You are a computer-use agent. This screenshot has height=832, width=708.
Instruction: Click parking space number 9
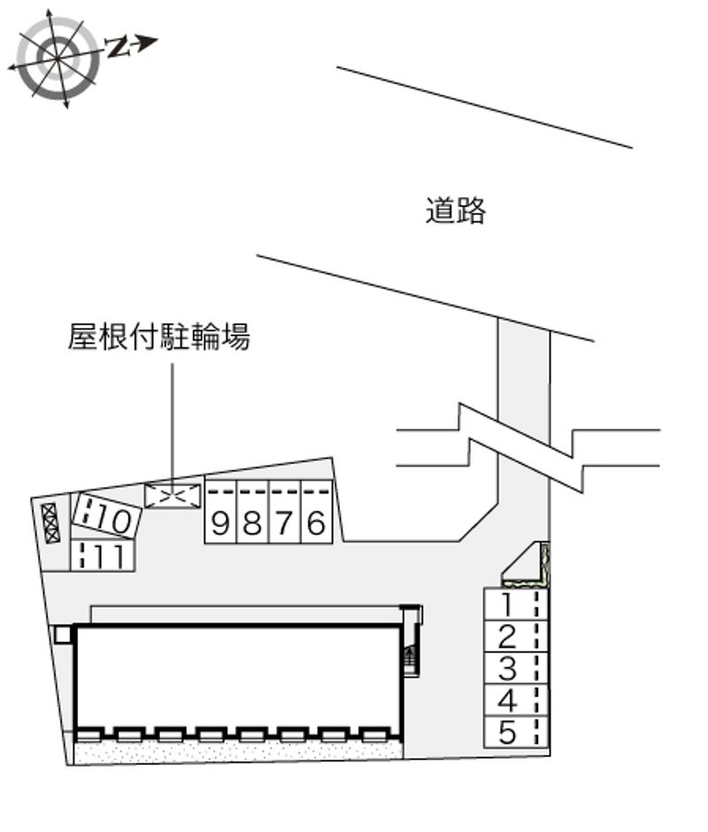[x=220, y=512]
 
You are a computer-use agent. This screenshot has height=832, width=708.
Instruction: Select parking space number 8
[x=253, y=512]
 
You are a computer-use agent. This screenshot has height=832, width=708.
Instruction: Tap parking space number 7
[x=285, y=512]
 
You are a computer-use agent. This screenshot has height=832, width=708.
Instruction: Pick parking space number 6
[x=317, y=512]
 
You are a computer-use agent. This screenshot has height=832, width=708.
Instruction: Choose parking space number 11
[x=103, y=555]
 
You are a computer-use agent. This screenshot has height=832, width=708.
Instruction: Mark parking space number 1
[x=516, y=604]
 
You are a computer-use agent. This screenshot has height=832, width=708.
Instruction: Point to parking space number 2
[x=516, y=636]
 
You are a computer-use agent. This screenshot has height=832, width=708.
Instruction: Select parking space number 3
[x=516, y=668]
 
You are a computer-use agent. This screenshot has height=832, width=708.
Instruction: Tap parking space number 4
[x=516, y=700]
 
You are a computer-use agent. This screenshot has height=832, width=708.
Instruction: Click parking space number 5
[x=516, y=732]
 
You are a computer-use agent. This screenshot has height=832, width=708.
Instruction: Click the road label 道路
[x=455, y=210]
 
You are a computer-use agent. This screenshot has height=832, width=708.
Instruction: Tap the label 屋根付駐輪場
[x=158, y=336]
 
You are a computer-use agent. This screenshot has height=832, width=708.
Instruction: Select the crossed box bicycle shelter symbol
[x=173, y=496]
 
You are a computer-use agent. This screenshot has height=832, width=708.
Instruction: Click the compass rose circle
[x=58, y=57]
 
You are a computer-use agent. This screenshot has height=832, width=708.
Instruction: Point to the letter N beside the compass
[x=119, y=47]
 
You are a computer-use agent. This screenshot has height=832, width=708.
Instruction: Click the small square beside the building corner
[x=63, y=635]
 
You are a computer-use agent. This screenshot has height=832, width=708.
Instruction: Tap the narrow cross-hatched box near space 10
[x=50, y=523]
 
